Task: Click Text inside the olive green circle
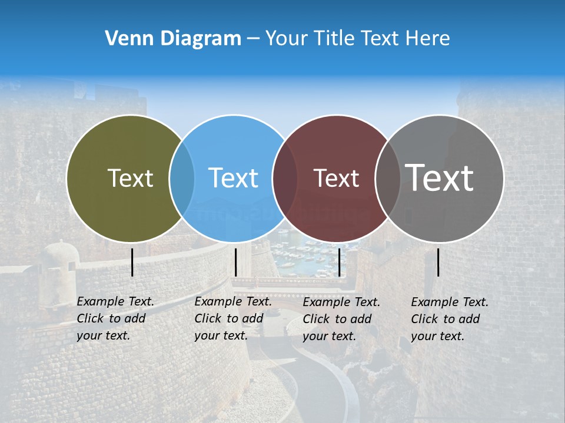pos(130,178)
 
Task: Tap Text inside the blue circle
pos(234,178)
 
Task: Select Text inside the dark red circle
pos(337,178)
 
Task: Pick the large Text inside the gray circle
pos(440,178)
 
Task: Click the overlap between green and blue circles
pos(182,179)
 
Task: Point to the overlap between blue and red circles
pos(285,179)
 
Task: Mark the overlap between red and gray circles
pos(387,179)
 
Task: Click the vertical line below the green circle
pos(132,262)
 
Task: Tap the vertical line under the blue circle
pos(235,262)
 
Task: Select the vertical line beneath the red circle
pos(339,262)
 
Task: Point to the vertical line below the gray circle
pos(438,262)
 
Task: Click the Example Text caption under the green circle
pos(115,318)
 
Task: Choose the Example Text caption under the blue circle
pos(232,318)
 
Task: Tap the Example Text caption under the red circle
pos(341,319)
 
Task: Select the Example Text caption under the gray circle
pos(449,319)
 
